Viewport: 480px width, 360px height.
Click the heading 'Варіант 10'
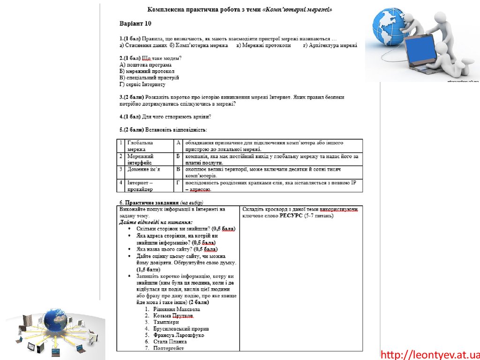click(135, 23)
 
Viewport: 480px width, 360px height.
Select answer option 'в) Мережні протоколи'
click(263, 45)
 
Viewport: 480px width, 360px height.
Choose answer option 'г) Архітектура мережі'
click(330, 45)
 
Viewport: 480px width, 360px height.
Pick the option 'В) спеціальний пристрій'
click(149, 78)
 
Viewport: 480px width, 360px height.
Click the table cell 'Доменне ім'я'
click(143, 169)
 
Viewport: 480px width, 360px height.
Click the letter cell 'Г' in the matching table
click(178, 182)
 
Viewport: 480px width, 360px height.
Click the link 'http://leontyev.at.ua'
click(430, 354)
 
